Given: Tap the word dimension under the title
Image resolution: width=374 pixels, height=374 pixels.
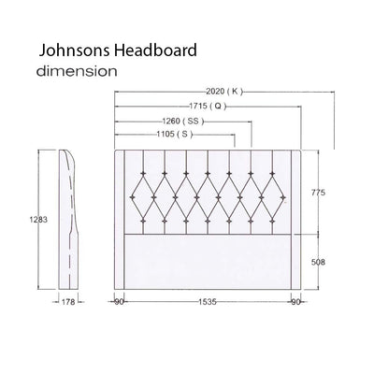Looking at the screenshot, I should pos(77,70).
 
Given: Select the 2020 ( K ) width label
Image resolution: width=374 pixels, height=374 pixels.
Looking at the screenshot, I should pos(222,92).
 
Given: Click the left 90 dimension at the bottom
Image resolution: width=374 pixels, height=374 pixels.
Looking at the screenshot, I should pos(119,302).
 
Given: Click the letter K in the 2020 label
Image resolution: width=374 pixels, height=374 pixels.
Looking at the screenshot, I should pos(236,92).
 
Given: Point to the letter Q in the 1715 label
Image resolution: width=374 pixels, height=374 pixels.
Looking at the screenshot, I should pos(219,106).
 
